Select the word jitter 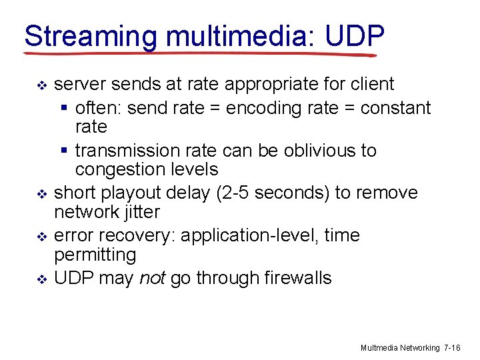pyautogui.click(x=141, y=212)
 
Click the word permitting pyautogui.click(x=94, y=255)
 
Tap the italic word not pyautogui.click(x=153, y=278)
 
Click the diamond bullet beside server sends pyautogui.click(x=41, y=86)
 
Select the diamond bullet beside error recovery pyautogui.click(x=41, y=237)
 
